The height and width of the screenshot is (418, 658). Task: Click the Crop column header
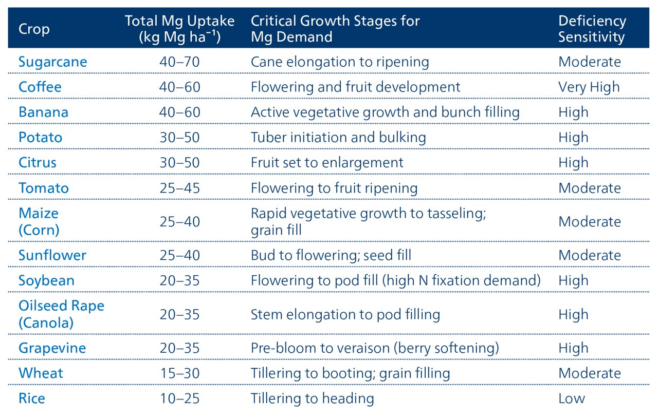click(34, 29)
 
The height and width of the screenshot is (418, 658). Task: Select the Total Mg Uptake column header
click(179, 29)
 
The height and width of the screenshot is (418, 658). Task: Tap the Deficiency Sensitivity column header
click(592, 29)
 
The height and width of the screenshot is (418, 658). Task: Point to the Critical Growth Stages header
click(335, 29)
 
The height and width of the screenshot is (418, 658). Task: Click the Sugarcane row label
click(53, 62)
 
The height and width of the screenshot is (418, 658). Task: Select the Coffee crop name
click(40, 87)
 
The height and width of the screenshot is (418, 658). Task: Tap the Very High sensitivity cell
click(589, 87)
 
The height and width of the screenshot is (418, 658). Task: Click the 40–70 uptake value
click(179, 62)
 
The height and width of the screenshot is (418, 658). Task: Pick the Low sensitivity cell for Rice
click(572, 398)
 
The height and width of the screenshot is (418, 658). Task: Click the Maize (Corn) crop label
click(39, 222)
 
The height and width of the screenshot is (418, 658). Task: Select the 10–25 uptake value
click(179, 398)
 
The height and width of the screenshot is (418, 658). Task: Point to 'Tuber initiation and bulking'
click(338, 138)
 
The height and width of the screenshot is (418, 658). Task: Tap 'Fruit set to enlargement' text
click(327, 163)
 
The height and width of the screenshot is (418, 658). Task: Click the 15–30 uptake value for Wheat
click(179, 373)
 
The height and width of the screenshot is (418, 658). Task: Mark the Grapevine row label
click(52, 348)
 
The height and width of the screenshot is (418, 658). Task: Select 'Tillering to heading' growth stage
click(312, 398)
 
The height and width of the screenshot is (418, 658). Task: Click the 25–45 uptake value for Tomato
click(179, 188)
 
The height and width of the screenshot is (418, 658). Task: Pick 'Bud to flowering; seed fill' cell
click(331, 255)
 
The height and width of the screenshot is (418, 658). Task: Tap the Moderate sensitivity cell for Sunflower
click(590, 255)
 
